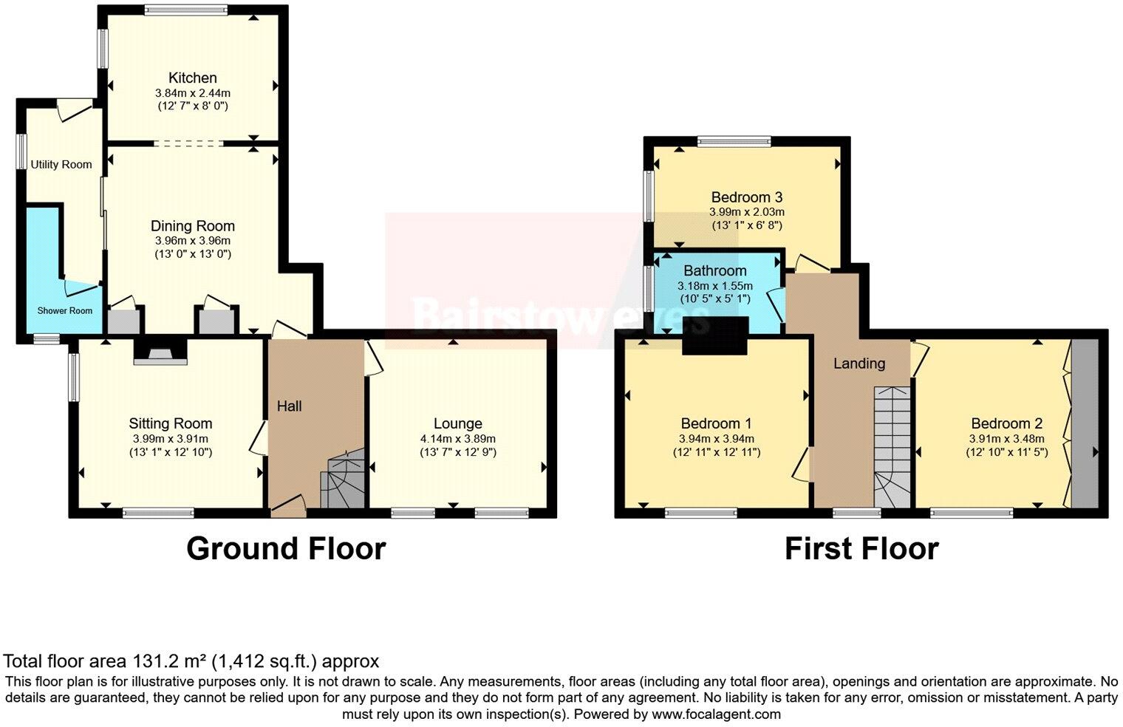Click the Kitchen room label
[192, 78]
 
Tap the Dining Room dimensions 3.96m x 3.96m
[192, 241]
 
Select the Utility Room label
[61, 165]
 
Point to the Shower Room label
[65, 310]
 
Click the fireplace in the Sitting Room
[160, 352]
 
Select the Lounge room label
[457, 423]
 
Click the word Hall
[289, 406]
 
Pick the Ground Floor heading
[285, 549]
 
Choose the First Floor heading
[861, 549]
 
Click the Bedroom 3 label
[746, 197]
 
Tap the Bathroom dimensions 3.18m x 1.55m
[714, 286]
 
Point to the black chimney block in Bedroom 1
[714, 336]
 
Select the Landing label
[859, 363]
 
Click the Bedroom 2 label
[1006, 423]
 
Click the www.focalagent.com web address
[715, 714]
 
